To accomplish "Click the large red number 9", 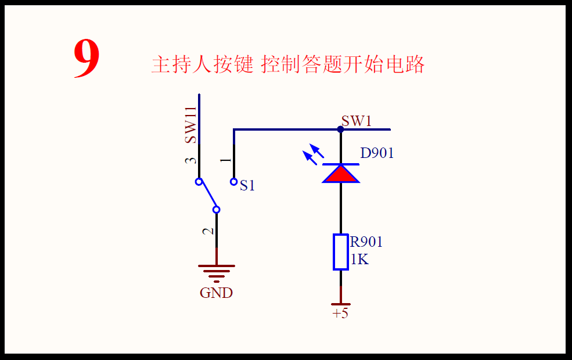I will click(x=87, y=60).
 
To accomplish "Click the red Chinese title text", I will click(x=287, y=64).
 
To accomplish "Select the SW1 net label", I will click(x=356, y=121).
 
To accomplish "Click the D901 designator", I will click(x=377, y=153).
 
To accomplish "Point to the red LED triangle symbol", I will click(x=341, y=174).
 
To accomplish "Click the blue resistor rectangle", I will click(x=341, y=252).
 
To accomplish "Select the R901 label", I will click(x=366, y=242).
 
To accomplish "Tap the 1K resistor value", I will click(x=359, y=259).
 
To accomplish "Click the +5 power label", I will click(x=340, y=314).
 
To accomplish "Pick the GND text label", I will click(x=216, y=293).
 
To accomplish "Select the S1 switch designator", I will click(x=248, y=186).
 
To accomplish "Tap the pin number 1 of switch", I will click(x=226, y=160).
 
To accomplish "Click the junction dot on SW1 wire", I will click(x=341, y=129).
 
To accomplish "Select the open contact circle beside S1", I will click(x=234, y=182).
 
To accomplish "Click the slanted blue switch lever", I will click(x=208, y=196).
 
